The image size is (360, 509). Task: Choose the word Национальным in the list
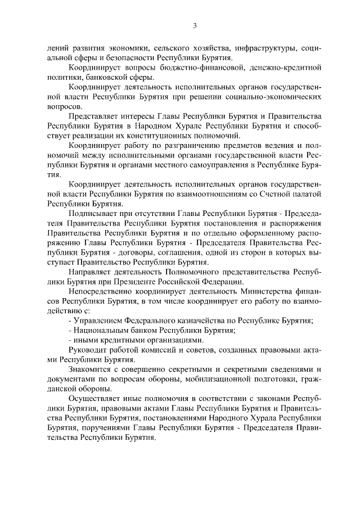101,330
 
